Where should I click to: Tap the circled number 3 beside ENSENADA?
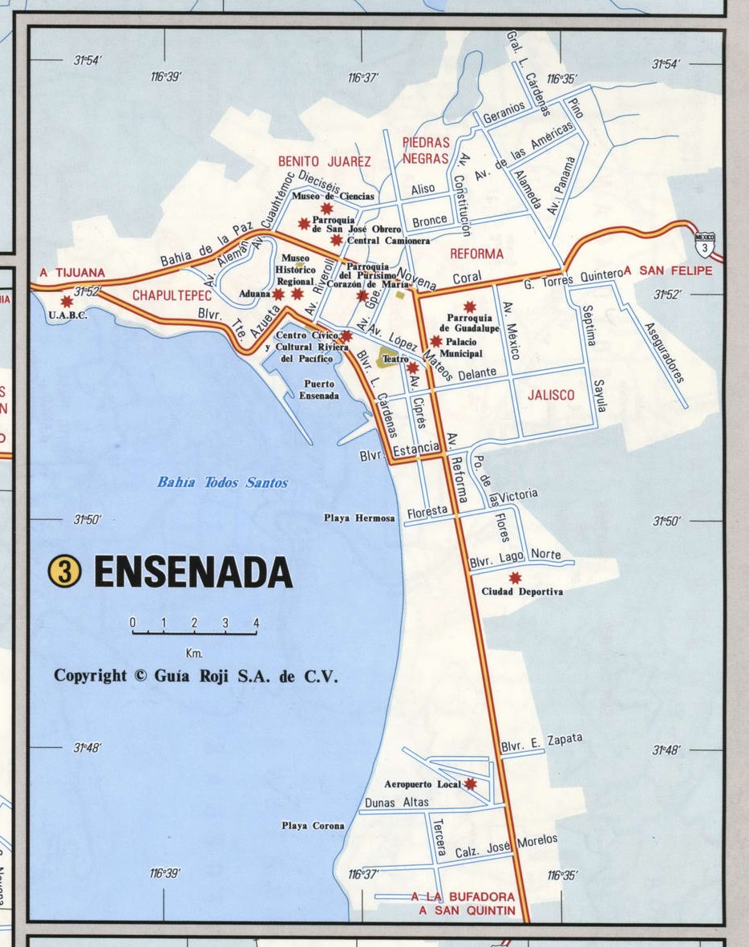point(66,571)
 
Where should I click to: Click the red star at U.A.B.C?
point(66,301)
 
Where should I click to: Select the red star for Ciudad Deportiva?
point(515,578)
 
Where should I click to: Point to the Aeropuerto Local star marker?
point(471,783)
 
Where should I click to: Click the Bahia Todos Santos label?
point(222,482)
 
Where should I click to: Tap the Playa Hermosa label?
point(359,518)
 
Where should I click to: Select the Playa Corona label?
point(313,825)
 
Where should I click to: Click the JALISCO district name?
point(551,395)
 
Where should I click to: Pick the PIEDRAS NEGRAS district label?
point(426,150)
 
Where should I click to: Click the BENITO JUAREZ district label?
point(324,161)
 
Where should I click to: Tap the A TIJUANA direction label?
point(72,273)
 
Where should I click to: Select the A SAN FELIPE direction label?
point(668,271)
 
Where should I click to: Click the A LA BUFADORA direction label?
point(463,896)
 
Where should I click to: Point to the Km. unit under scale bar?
point(193,652)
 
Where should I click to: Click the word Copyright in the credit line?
point(90,676)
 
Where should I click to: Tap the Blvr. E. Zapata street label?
point(541,743)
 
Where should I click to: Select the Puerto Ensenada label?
point(318,390)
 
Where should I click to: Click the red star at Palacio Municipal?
point(435,341)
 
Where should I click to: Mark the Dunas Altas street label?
point(396,802)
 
